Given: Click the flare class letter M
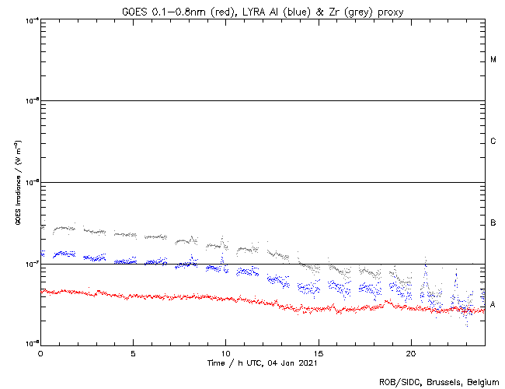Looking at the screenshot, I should coord(493,60).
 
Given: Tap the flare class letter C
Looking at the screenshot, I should coord(493,142).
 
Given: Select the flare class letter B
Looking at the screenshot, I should coord(493,224).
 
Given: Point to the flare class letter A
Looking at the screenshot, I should coord(493,303).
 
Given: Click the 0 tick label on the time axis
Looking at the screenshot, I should coord(40,352).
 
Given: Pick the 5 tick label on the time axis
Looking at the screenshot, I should coord(133,352).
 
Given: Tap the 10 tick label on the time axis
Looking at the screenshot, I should coord(225,352).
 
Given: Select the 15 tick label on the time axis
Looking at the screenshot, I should coord(318,352).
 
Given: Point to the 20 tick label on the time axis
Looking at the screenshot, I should coord(410,352).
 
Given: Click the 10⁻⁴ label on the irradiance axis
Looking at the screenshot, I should coord(32,19).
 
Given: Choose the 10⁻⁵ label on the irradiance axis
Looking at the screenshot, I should coord(32,101).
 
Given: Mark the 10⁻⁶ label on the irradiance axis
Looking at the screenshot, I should coord(32,183).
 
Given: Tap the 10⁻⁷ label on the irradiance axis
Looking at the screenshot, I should coord(32,265).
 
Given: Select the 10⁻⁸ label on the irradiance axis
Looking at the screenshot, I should coord(32,343).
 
